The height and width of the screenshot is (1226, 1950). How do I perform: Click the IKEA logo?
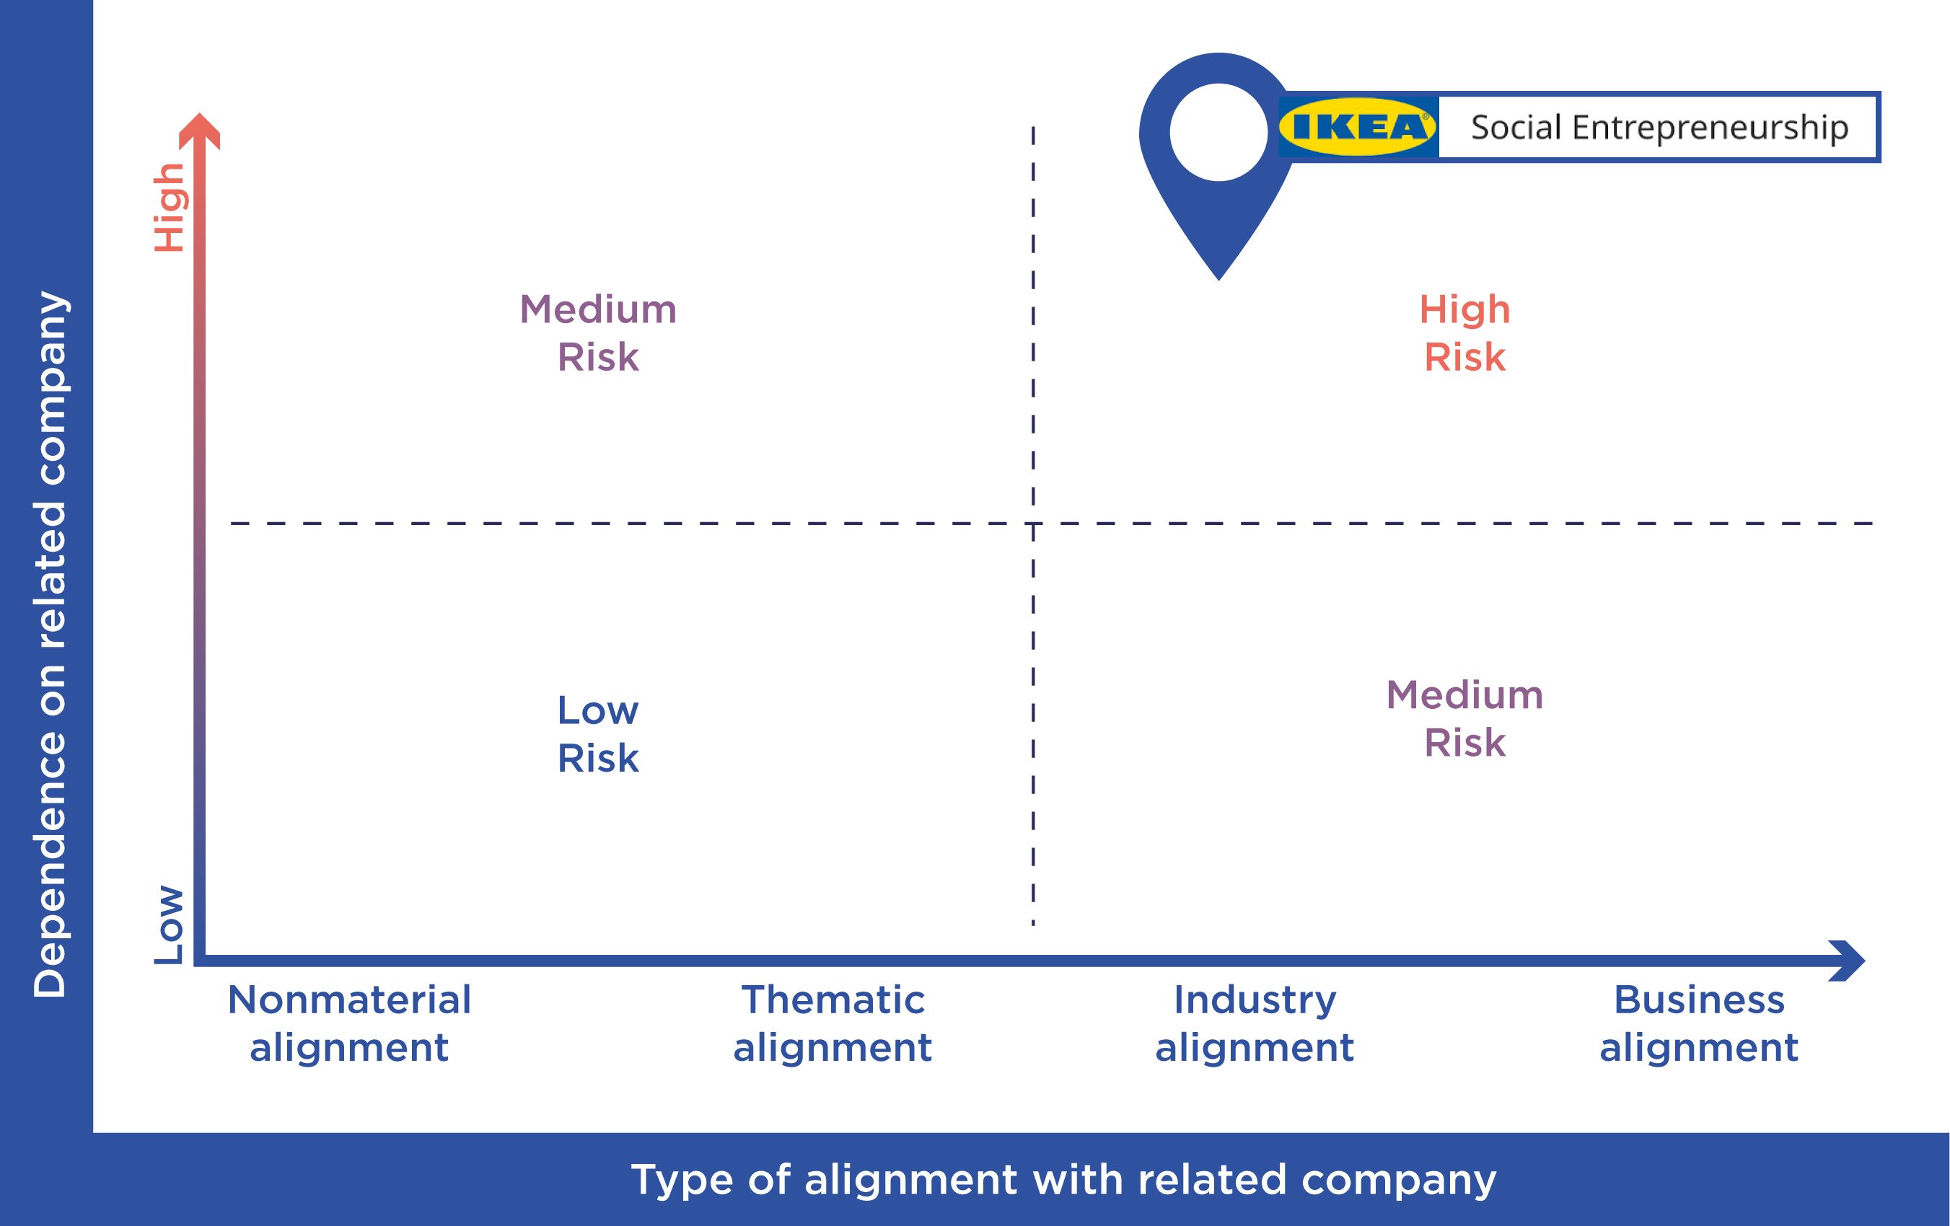[x=1358, y=127]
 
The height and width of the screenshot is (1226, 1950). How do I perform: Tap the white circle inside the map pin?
[x=1218, y=132]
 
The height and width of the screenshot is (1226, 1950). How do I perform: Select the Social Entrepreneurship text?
[x=1659, y=128]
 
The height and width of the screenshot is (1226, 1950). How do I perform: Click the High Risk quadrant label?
[x=1465, y=332]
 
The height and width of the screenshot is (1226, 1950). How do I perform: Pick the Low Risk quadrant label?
[x=597, y=734]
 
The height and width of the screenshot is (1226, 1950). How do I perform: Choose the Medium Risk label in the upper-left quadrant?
[x=597, y=332]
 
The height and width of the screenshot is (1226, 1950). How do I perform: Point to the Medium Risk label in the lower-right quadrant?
[x=1465, y=718]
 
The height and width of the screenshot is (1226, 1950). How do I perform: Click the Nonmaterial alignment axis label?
[x=349, y=1023]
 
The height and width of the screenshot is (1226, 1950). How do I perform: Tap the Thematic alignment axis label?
[x=833, y=1023]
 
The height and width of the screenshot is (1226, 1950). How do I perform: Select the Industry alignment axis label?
[x=1255, y=1023]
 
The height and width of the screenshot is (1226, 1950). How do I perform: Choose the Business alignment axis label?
[x=1699, y=1023]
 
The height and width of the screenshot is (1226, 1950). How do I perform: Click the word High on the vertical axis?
[x=170, y=207]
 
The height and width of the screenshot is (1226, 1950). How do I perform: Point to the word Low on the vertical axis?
[x=170, y=924]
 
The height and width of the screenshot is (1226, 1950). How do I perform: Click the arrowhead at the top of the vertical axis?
[x=199, y=131]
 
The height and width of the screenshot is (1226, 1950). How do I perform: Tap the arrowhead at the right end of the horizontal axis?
[x=1847, y=961]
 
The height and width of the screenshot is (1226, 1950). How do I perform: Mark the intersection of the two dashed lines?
[x=1033, y=523]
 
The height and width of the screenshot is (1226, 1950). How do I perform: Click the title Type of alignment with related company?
[x=1063, y=1179]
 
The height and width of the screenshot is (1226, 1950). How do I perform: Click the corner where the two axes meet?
[x=199, y=961]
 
